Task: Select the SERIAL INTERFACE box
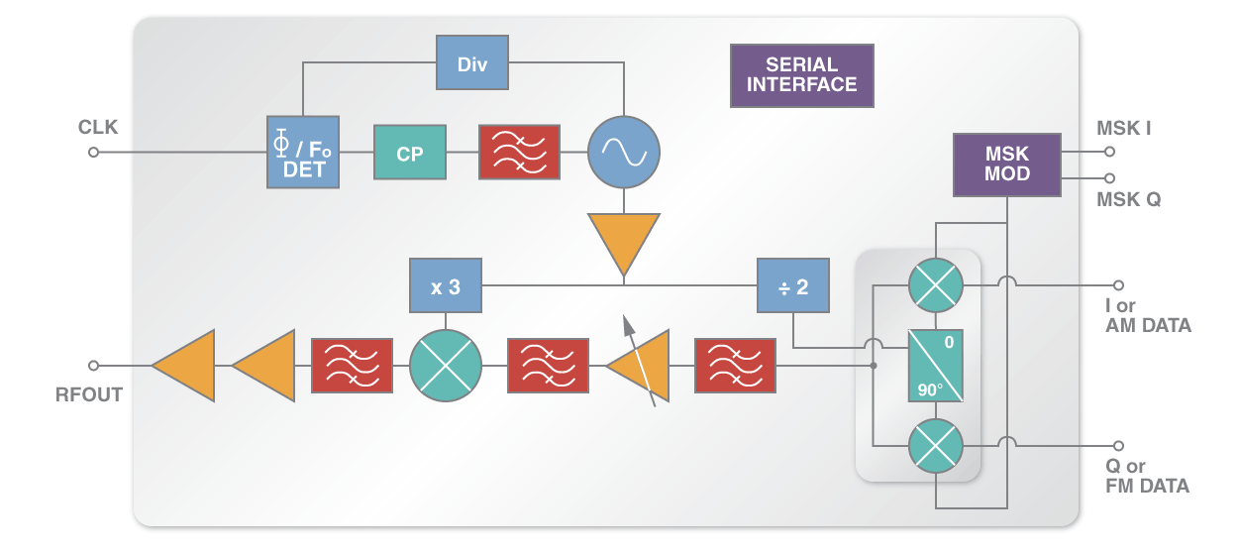point(801,75)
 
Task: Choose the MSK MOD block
point(1006,164)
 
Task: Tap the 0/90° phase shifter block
point(936,366)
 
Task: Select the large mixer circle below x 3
point(445,366)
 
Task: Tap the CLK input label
point(98,128)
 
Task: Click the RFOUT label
point(89,394)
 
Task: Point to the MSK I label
point(1123,129)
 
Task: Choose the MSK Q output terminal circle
point(1110,178)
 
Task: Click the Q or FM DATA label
point(1147,476)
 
